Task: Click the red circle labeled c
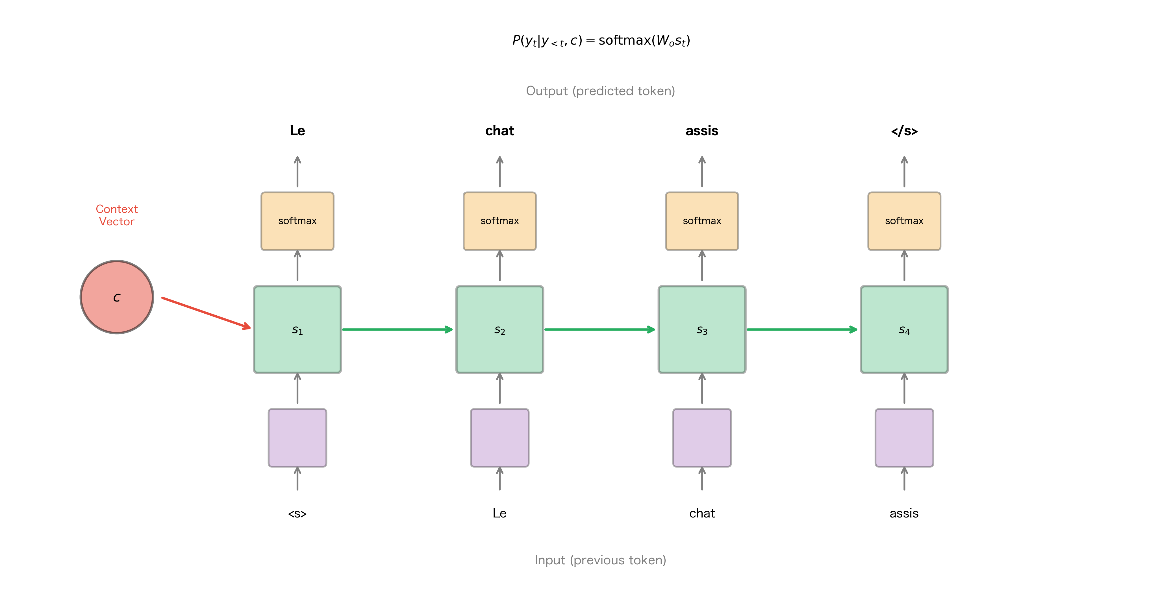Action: pyautogui.click(x=117, y=297)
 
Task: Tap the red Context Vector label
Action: pyautogui.click(x=117, y=215)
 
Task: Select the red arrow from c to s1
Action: pyautogui.click(x=206, y=313)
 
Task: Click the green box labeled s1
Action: pyautogui.click(x=297, y=329)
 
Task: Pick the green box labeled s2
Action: pyautogui.click(x=499, y=329)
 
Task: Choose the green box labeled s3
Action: pyautogui.click(x=702, y=329)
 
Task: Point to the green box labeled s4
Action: pyautogui.click(x=904, y=329)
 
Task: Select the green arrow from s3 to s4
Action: pyautogui.click(x=802, y=329)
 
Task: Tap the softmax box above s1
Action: pyautogui.click(x=297, y=221)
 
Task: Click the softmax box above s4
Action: pyautogui.click(x=904, y=221)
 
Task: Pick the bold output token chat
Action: pyautogui.click(x=499, y=131)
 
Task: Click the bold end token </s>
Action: pyautogui.click(x=904, y=131)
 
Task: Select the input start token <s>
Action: pyautogui.click(x=297, y=514)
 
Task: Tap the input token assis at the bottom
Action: pyautogui.click(x=904, y=514)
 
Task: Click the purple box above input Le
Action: pyautogui.click(x=499, y=438)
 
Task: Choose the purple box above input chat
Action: pyautogui.click(x=702, y=438)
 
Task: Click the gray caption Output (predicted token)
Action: pyautogui.click(x=600, y=91)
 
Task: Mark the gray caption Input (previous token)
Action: pyautogui.click(x=600, y=560)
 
